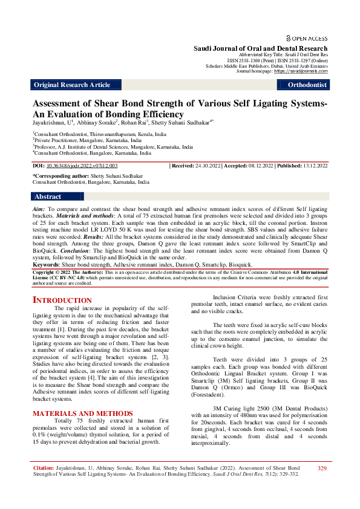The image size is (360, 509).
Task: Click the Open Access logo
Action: [307, 37]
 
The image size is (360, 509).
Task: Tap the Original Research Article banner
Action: [72, 85]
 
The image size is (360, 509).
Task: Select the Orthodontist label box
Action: [308, 85]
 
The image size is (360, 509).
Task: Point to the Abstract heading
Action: [48, 196]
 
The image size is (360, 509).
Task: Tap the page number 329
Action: [322, 468]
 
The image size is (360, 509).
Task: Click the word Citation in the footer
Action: [43, 468]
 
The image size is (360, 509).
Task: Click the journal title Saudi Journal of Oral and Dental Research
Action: [260, 48]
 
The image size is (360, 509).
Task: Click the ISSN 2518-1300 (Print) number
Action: [249, 60]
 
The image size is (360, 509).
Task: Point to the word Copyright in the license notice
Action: [45, 273]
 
